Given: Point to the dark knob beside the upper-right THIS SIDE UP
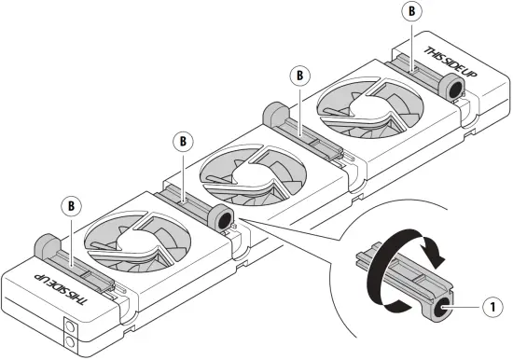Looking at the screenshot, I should pyautogui.click(x=455, y=88).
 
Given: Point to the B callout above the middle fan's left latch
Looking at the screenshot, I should pyautogui.click(x=184, y=141).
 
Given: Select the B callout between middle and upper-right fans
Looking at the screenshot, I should pyautogui.click(x=299, y=73).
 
